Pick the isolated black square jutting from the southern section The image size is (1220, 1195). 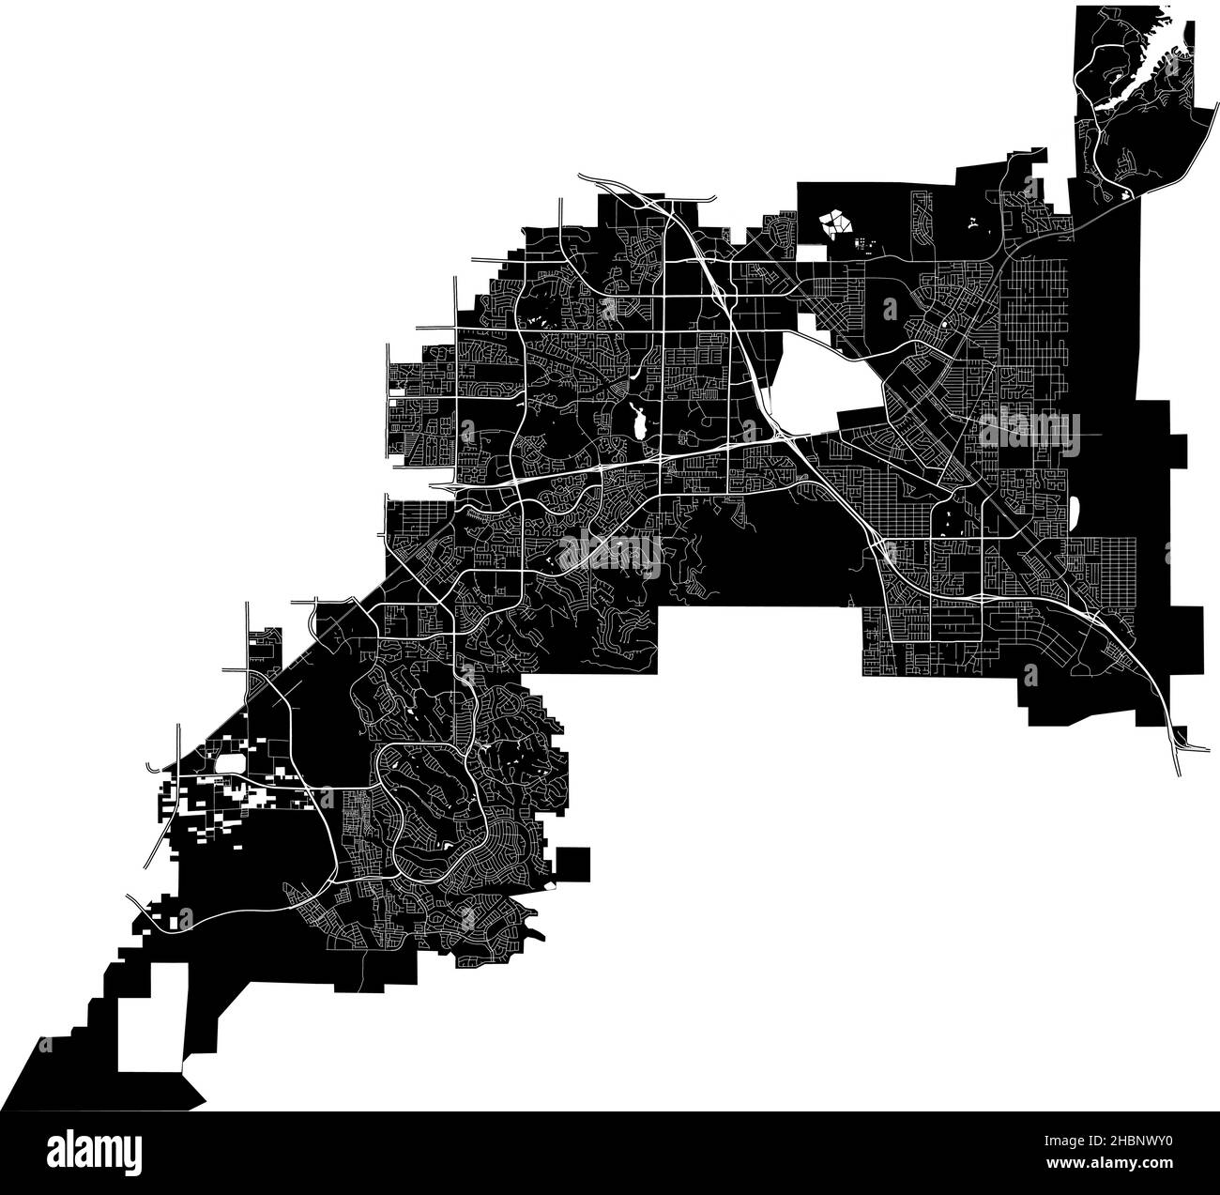[572, 864]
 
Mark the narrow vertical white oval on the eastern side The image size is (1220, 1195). [1075, 512]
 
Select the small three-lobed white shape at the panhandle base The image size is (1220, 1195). [1123, 196]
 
